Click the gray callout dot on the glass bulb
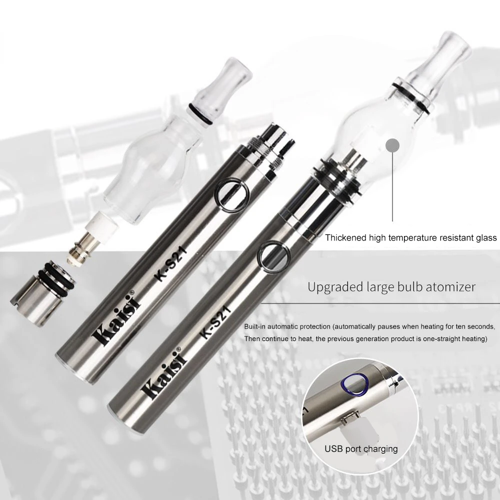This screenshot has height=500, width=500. (x=392, y=146)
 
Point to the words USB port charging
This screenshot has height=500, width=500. (x=361, y=449)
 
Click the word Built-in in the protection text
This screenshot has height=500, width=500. (x=254, y=326)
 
